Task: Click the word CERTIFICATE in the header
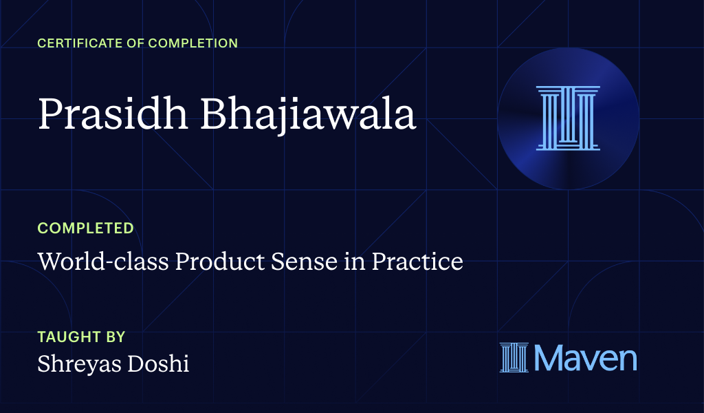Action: click(x=76, y=43)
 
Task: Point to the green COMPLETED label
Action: click(x=86, y=228)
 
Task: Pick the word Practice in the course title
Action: click(x=417, y=262)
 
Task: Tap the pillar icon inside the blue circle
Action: click(x=568, y=118)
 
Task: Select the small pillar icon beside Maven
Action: click(x=514, y=358)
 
